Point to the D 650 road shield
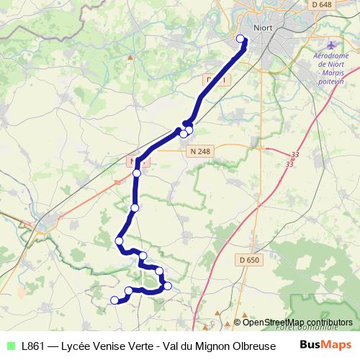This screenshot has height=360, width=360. point(248,260)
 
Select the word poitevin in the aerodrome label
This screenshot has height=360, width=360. point(331,82)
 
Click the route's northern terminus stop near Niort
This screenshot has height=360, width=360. point(240,39)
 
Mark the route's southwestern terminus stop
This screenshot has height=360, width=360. point(114,300)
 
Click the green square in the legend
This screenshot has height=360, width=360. point(10,346)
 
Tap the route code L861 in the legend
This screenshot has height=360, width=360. point(35,346)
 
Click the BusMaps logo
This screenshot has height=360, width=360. point(325,344)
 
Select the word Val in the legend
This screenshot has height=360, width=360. point(174,346)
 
